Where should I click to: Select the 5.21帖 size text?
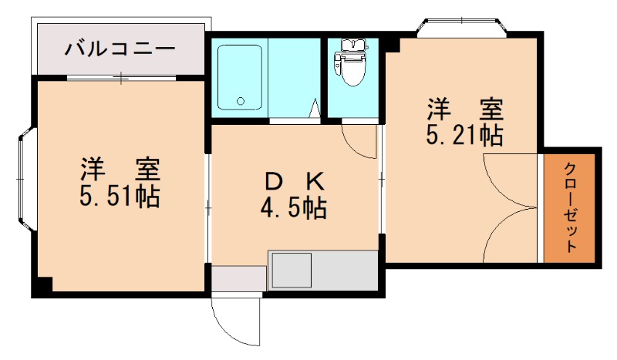tap(465, 136)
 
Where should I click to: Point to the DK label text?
tap(294, 182)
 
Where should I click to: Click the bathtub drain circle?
tap(241, 100)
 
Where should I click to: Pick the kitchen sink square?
tap(290, 271)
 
